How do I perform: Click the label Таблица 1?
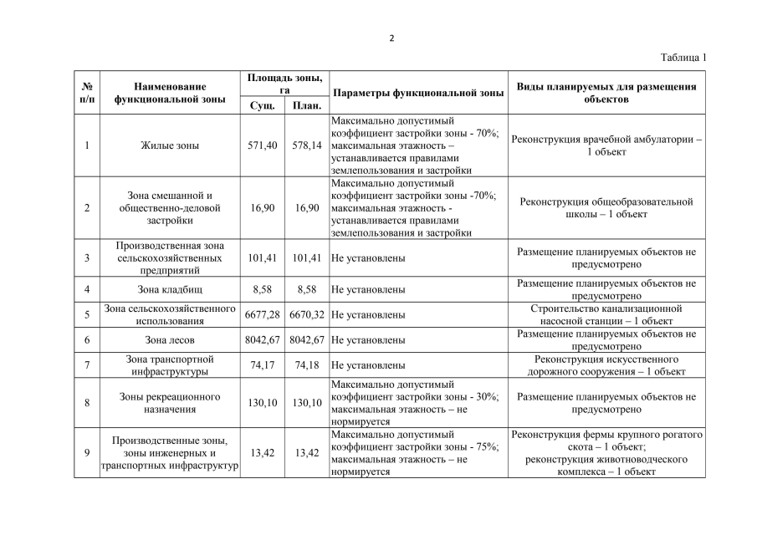tap(683, 58)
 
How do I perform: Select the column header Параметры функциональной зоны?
tap(417, 93)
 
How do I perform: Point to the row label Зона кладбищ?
tap(170, 289)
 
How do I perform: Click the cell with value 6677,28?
tap(263, 315)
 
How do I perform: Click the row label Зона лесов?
tap(170, 341)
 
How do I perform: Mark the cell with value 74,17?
tap(263, 366)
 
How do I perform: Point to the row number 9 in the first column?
tap(87, 453)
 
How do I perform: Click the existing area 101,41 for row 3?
tap(263, 258)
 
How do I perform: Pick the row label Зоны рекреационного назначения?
tap(170, 403)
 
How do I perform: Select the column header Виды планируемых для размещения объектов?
tap(606, 93)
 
